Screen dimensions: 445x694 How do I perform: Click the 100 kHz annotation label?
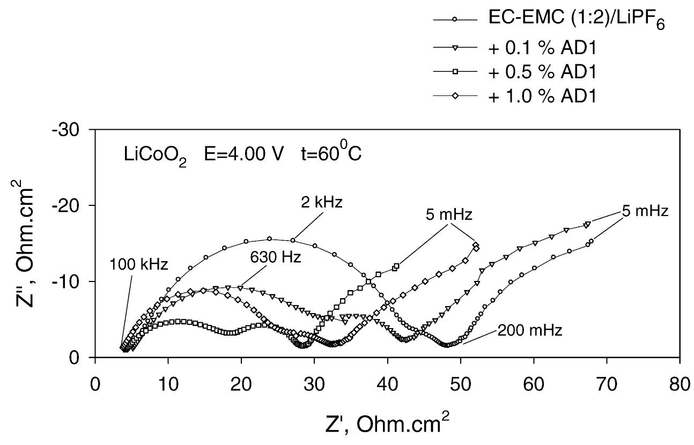(138, 264)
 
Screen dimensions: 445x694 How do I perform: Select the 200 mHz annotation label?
(530, 330)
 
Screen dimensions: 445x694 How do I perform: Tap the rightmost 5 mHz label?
(645, 211)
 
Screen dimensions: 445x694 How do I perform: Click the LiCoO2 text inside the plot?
(156, 157)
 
